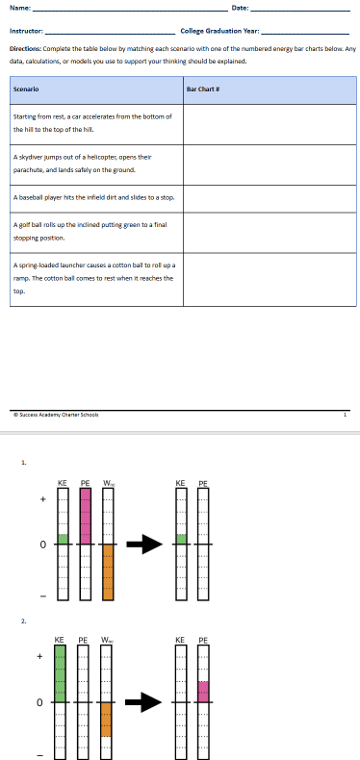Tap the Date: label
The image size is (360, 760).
pos(241,9)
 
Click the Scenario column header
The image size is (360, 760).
pos(26,89)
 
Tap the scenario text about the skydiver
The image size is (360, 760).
pos(74,162)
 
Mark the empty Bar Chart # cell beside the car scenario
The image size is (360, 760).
pos(269,122)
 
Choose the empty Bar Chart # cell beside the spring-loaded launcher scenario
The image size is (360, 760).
pos(269,278)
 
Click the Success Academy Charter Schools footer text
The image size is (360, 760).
pos(56,415)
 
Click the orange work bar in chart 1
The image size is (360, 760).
pos(108,574)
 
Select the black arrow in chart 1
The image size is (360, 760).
pos(142,545)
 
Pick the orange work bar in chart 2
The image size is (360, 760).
pos(107,719)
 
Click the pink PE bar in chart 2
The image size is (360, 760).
pos(203,691)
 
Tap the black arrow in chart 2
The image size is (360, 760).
pos(142,702)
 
